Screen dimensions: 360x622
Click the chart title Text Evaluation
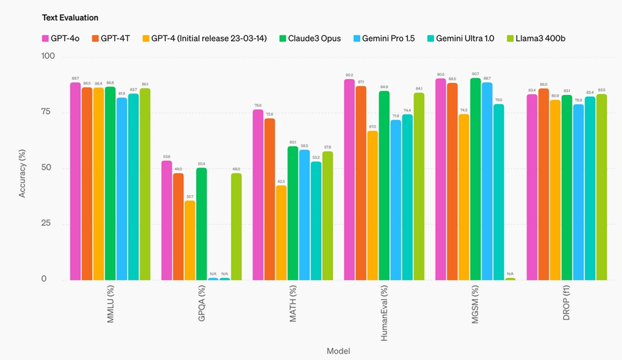point(70,18)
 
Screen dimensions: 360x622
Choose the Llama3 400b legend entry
point(537,38)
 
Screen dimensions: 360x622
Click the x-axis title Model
point(338,350)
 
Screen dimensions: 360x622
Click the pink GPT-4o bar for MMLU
point(75,181)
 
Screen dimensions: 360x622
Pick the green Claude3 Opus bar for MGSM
point(475,179)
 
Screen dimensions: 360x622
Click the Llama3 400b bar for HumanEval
point(419,186)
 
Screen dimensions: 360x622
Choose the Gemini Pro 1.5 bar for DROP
point(579,192)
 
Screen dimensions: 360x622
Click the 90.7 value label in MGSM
point(475,74)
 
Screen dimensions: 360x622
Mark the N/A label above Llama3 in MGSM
point(510,274)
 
